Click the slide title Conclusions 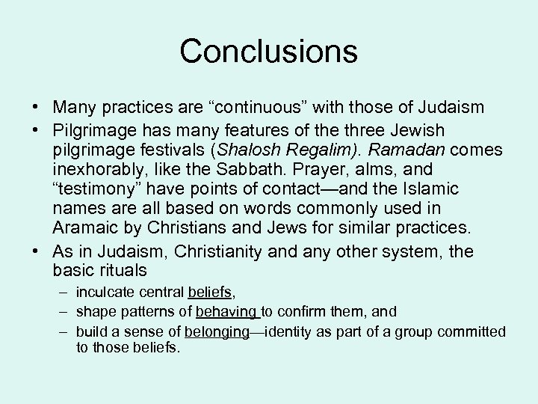pyautogui.click(x=268, y=51)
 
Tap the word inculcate pyautogui.click(x=105, y=293)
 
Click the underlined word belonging pyautogui.click(x=217, y=332)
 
